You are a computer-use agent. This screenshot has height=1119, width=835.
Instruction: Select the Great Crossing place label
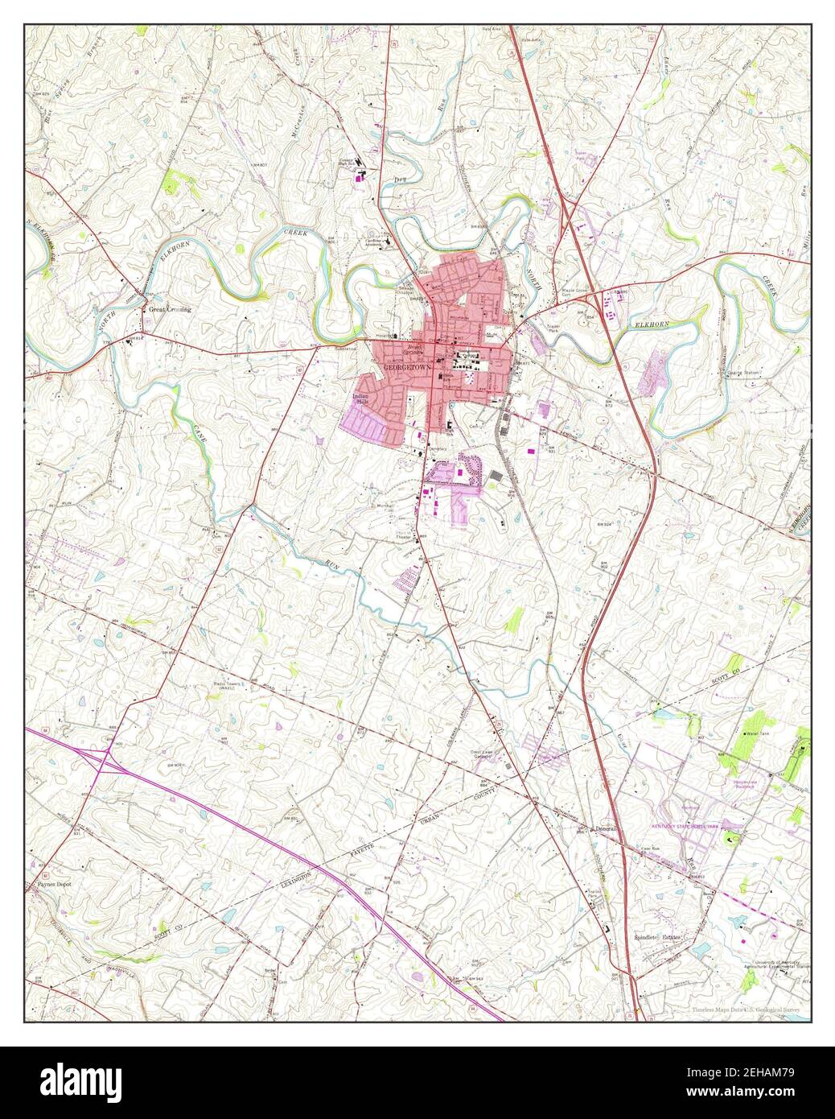coord(169,308)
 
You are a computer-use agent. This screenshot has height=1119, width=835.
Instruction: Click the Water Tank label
coord(758,734)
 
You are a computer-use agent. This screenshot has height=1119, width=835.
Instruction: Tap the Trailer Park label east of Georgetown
coord(553,328)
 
